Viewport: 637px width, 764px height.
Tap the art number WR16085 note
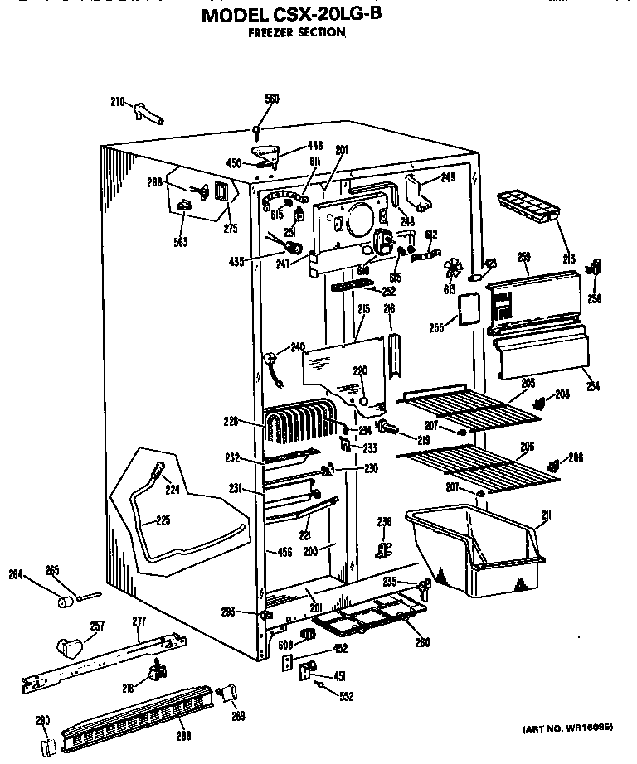(568, 729)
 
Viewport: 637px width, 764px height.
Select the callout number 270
(118, 102)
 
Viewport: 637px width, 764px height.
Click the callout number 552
(346, 696)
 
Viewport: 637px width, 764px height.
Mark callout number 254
(591, 386)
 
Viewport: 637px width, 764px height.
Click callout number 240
(298, 346)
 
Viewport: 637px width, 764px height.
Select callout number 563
(181, 242)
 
